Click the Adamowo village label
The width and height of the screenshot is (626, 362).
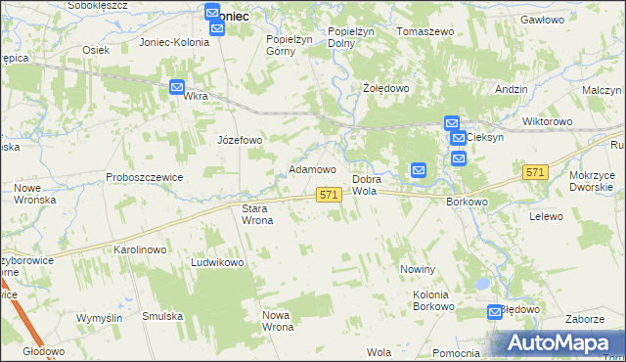click(313, 169)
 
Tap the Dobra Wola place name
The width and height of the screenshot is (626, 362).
click(365, 185)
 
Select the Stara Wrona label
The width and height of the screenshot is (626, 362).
click(257, 214)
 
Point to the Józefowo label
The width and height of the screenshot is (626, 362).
click(240, 140)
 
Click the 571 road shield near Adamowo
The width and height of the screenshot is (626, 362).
click(329, 197)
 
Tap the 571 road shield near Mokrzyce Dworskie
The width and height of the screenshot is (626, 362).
click(533, 172)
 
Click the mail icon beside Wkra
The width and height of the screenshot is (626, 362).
click(176, 87)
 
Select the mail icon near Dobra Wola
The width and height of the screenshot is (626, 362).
click(419, 169)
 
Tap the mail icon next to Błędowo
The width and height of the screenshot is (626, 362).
click(496, 312)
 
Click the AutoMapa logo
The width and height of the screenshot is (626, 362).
click(554, 342)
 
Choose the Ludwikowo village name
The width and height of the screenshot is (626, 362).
click(217, 263)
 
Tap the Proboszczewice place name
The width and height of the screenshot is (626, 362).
click(145, 177)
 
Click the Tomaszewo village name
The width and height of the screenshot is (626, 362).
click(425, 31)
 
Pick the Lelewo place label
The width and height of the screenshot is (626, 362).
click(547, 216)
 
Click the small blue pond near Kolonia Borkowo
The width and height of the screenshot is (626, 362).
click(480, 285)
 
